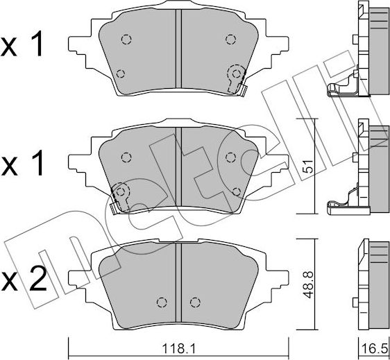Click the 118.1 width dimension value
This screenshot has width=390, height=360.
tap(178, 349)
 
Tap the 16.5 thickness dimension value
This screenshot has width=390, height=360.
tap(375, 349)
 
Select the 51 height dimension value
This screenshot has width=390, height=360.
tap(308, 166)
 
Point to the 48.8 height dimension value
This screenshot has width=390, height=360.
tap(308, 284)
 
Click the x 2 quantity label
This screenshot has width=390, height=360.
tap(24, 279)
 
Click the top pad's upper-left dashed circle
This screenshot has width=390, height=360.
tap(126, 40)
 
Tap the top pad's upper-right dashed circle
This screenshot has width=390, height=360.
tap(230, 40)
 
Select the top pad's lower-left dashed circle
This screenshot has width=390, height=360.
tap(121, 74)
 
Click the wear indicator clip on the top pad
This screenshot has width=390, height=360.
tap(237, 80)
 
